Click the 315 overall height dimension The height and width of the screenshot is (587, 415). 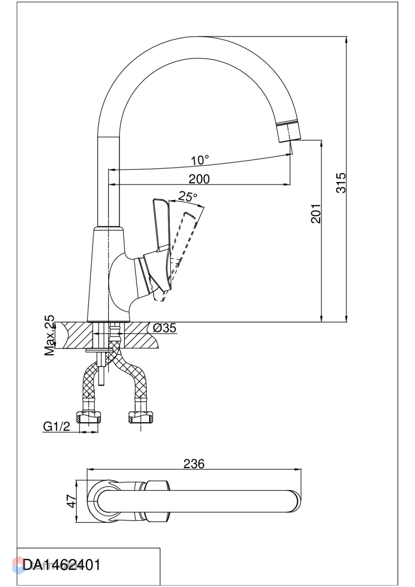pyautogui.click(x=341, y=182)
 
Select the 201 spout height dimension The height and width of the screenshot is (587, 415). pyautogui.click(x=315, y=213)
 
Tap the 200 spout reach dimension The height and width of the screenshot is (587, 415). pyautogui.click(x=199, y=179)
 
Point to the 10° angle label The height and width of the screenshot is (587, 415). pyautogui.click(x=200, y=160)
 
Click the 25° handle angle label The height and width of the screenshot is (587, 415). pyautogui.click(x=187, y=197)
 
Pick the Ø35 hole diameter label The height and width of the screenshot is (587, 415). pyautogui.click(x=164, y=328)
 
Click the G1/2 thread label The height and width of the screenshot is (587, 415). pyautogui.click(x=57, y=427)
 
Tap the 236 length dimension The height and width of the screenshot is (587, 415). pyautogui.click(x=194, y=464)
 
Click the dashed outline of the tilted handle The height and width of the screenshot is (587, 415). pyautogui.click(x=181, y=249)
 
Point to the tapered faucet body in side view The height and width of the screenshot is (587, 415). pyautogui.click(x=108, y=274)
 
